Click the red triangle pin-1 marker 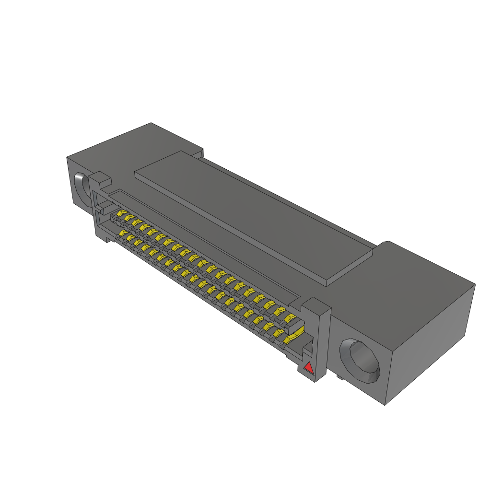click(309, 368)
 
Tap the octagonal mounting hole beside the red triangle click(360, 361)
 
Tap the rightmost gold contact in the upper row click(290, 318)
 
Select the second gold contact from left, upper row click(129, 218)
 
